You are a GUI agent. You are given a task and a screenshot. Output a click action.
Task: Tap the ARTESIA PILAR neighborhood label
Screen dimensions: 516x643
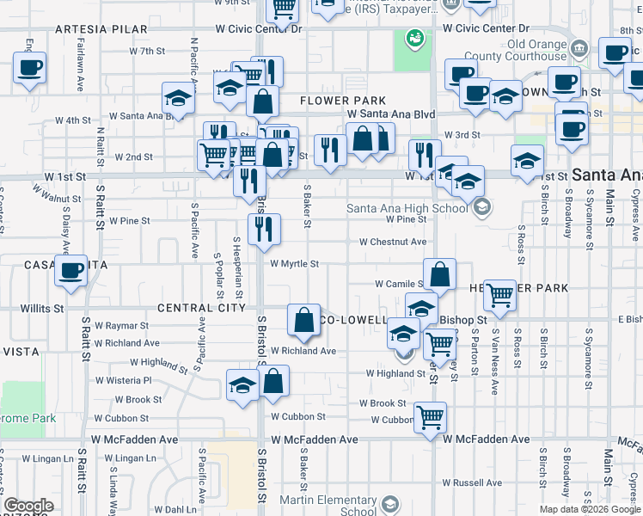[x=90, y=28]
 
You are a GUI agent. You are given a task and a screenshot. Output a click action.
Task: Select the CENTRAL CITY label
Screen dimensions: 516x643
[x=196, y=308]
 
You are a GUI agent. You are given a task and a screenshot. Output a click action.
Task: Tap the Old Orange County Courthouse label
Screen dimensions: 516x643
[x=537, y=50]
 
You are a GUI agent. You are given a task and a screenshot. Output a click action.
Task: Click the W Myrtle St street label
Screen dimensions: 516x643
[x=294, y=264]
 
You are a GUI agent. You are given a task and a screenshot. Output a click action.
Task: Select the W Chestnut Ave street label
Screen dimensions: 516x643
[x=393, y=243]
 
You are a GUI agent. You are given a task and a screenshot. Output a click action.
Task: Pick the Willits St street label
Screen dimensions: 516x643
[x=43, y=307]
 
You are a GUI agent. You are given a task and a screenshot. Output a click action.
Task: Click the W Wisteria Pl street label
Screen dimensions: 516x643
[x=122, y=379]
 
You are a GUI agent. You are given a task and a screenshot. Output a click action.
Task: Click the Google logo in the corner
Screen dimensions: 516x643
[x=28, y=506]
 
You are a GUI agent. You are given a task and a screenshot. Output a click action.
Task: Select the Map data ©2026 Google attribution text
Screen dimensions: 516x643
[x=589, y=509]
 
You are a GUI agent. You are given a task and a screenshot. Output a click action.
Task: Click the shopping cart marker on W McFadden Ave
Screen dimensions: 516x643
[x=431, y=418]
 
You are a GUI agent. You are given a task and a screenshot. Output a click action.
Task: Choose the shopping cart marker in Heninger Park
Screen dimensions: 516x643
[x=499, y=296]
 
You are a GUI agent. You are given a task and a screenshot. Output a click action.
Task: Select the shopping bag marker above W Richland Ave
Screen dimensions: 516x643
[x=303, y=320]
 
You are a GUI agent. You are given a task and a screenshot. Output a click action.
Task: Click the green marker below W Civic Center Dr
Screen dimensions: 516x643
[x=414, y=40]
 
